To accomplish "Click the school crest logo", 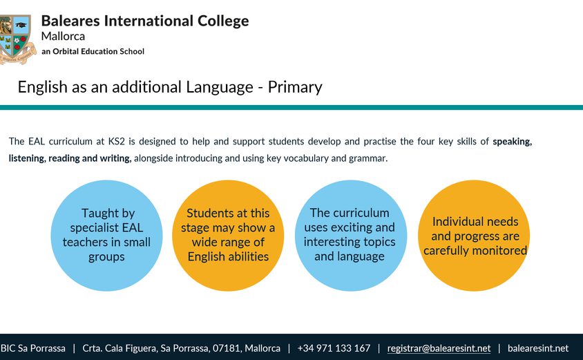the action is pos(17,39).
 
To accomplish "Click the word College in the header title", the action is pos(223,21).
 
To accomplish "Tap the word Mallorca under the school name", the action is pos(63,37).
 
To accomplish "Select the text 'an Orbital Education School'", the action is pos(93,51).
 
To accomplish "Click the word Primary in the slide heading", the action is pos(295,88).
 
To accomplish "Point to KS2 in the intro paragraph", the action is pos(116,142).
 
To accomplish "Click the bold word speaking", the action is pos(513,142).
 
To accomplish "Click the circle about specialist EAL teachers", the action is pos(106,236).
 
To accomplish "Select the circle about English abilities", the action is pos(228,236).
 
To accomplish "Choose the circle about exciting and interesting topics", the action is pos(351,236).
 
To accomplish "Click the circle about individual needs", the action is pos(474,236).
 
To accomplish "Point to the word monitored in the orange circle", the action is pos(499,251).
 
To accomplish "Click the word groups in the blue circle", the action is pos(106,257).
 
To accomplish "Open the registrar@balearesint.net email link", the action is pos(439,348).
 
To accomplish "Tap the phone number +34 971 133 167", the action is pos(334,348).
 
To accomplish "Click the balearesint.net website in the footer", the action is pos(538,348).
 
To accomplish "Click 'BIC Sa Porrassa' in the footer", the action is pos(32,348).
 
